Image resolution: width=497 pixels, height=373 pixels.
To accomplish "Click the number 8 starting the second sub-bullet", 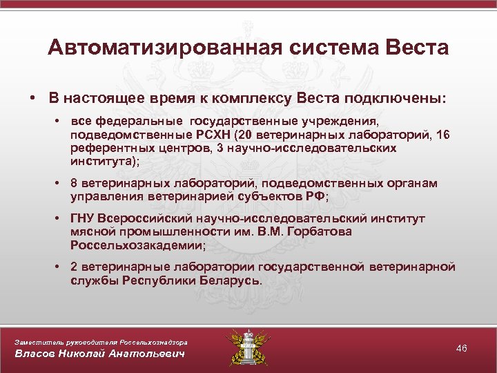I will [72, 183].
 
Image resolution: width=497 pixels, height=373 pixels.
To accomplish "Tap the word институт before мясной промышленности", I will [401, 219].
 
